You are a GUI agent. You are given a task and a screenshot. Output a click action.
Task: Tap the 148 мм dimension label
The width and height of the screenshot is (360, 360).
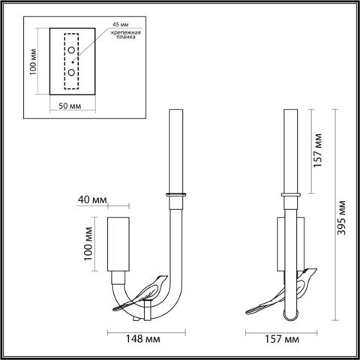coord(143,338)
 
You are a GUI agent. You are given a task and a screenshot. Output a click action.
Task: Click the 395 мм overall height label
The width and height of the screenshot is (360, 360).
coord(343,217)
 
